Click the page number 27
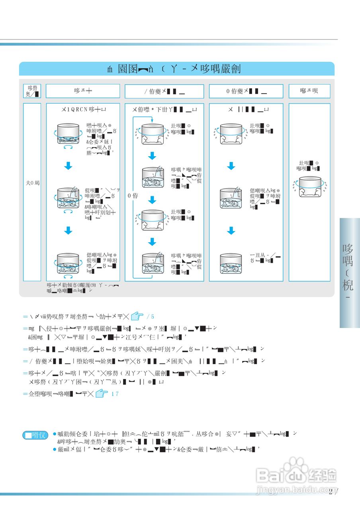click(333, 491)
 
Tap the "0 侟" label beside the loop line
click(133, 196)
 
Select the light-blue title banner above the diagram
click(176, 69)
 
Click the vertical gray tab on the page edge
click(349, 273)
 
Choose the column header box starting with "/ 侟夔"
click(164, 91)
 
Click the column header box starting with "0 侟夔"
click(246, 91)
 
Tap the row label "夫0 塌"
click(32, 183)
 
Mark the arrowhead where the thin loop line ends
click(152, 120)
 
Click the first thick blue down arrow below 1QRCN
click(68, 166)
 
